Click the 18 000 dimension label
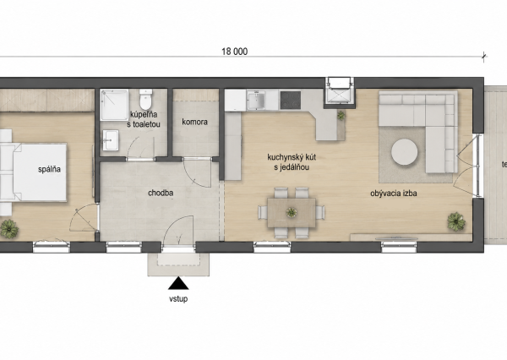pyautogui.click(x=234, y=52)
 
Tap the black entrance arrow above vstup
pyautogui.click(x=178, y=283)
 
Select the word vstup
pyautogui.click(x=178, y=299)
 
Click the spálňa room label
pyautogui.click(x=49, y=169)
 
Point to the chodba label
pyautogui.click(x=161, y=194)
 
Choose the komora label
pyautogui.click(x=194, y=122)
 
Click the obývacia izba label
pyautogui.click(x=394, y=194)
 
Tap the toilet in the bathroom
pyautogui.click(x=145, y=100)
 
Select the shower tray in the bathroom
pyautogui.click(x=114, y=105)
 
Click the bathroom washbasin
pyautogui.click(x=111, y=140)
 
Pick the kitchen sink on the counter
pyautogui.click(x=256, y=100)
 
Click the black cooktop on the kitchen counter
pyautogui.click(x=291, y=100)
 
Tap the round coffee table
pyautogui.click(x=404, y=152)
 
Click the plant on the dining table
pyautogui.click(x=292, y=212)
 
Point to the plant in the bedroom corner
pyautogui.click(x=9, y=229)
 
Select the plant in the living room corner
pyautogui.click(x=456, y=222)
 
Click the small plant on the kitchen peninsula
pyautogui.click(x=341, y=115)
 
